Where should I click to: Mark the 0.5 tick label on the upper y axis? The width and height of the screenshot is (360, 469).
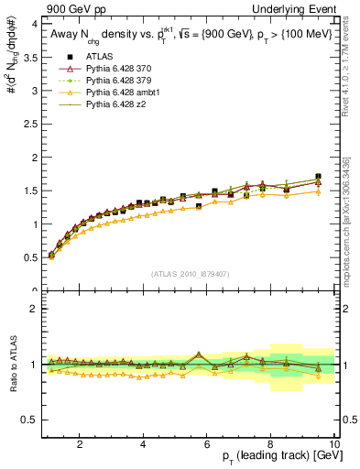[27, 257]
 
